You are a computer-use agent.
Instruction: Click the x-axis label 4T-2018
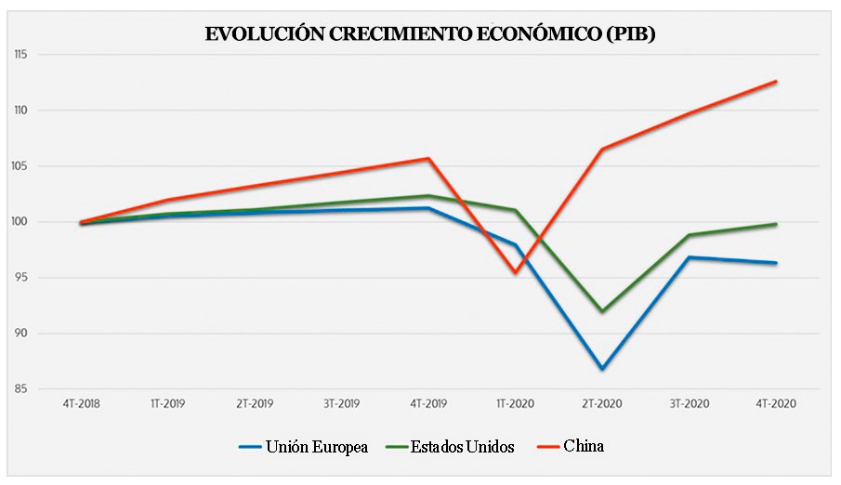(82, 405)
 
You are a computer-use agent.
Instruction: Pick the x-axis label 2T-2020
(602, 405)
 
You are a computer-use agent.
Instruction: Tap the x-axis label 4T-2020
(776, 405)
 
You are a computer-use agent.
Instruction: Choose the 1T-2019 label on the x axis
(168, 405)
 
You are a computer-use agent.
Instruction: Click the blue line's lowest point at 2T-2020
(602, 369)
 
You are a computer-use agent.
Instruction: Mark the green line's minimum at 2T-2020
(602, 311)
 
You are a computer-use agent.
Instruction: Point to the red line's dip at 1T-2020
(516, 272)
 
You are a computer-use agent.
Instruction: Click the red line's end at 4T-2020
(776, 82)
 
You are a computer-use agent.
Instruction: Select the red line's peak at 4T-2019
(428, 159)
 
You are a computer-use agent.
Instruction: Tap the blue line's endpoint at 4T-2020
(776, 263)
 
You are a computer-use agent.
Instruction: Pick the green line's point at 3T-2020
(690, 235)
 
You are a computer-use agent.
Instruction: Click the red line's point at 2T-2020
(602, 150)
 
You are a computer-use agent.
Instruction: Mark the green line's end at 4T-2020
(776, 224)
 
